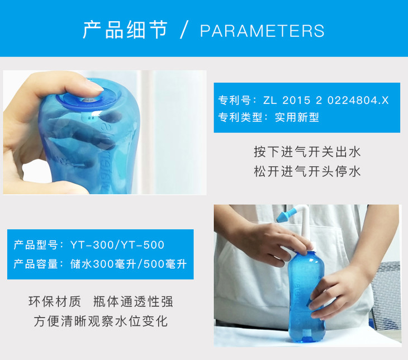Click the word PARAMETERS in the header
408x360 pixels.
262,31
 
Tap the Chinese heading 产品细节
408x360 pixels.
125,30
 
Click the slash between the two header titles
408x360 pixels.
184,30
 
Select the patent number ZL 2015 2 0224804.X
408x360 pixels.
326,100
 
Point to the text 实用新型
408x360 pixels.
297,117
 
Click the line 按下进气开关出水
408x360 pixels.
307,152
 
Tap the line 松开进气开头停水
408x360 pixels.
307,172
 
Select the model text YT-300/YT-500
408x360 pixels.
117,245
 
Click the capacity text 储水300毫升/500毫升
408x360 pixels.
129,264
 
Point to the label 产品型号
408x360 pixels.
36,245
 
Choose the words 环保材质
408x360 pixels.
55,302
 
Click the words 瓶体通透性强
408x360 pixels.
133,302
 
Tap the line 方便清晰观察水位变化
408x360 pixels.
101,321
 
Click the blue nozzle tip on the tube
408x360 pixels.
285,216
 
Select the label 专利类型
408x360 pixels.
240,117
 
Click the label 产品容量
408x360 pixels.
36,264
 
